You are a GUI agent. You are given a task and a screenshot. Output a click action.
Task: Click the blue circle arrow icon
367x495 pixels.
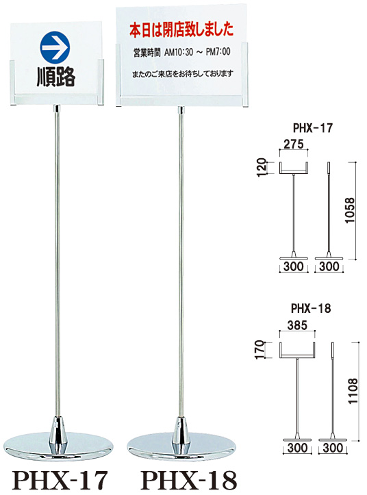(55, 47)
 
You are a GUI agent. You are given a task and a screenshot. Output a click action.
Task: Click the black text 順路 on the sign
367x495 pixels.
(56, 77)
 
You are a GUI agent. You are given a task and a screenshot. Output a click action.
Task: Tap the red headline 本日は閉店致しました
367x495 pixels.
(181, 29)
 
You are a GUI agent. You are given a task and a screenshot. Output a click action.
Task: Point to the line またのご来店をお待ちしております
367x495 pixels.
(183, 74)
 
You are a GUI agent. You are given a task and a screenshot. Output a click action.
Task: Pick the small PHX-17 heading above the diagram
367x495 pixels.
(313, 128)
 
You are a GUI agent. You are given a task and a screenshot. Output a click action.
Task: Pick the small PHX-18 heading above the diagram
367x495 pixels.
(311, 308)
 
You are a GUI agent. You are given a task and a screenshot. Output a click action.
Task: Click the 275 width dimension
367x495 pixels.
(294, 144)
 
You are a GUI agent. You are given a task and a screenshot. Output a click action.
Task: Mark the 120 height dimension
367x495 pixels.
(262, 167)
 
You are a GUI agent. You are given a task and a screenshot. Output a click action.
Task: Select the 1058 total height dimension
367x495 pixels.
(350, 211)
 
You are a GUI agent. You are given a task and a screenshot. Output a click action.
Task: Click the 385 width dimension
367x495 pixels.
(298, 325)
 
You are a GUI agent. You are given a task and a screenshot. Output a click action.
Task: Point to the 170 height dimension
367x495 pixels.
(259, 349)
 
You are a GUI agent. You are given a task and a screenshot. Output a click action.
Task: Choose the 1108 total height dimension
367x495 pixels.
(353, 391)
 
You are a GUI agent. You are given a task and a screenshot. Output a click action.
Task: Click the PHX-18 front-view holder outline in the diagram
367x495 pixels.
(298, 351)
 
